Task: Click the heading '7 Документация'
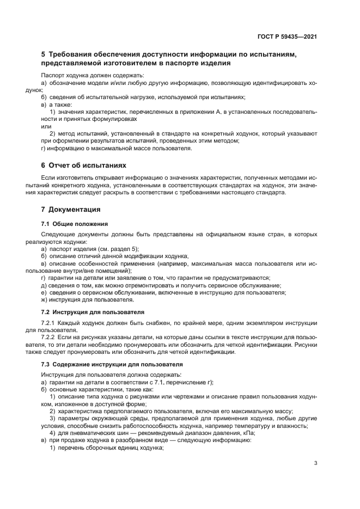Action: click(70, 209)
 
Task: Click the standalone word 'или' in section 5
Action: click(46, 126)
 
